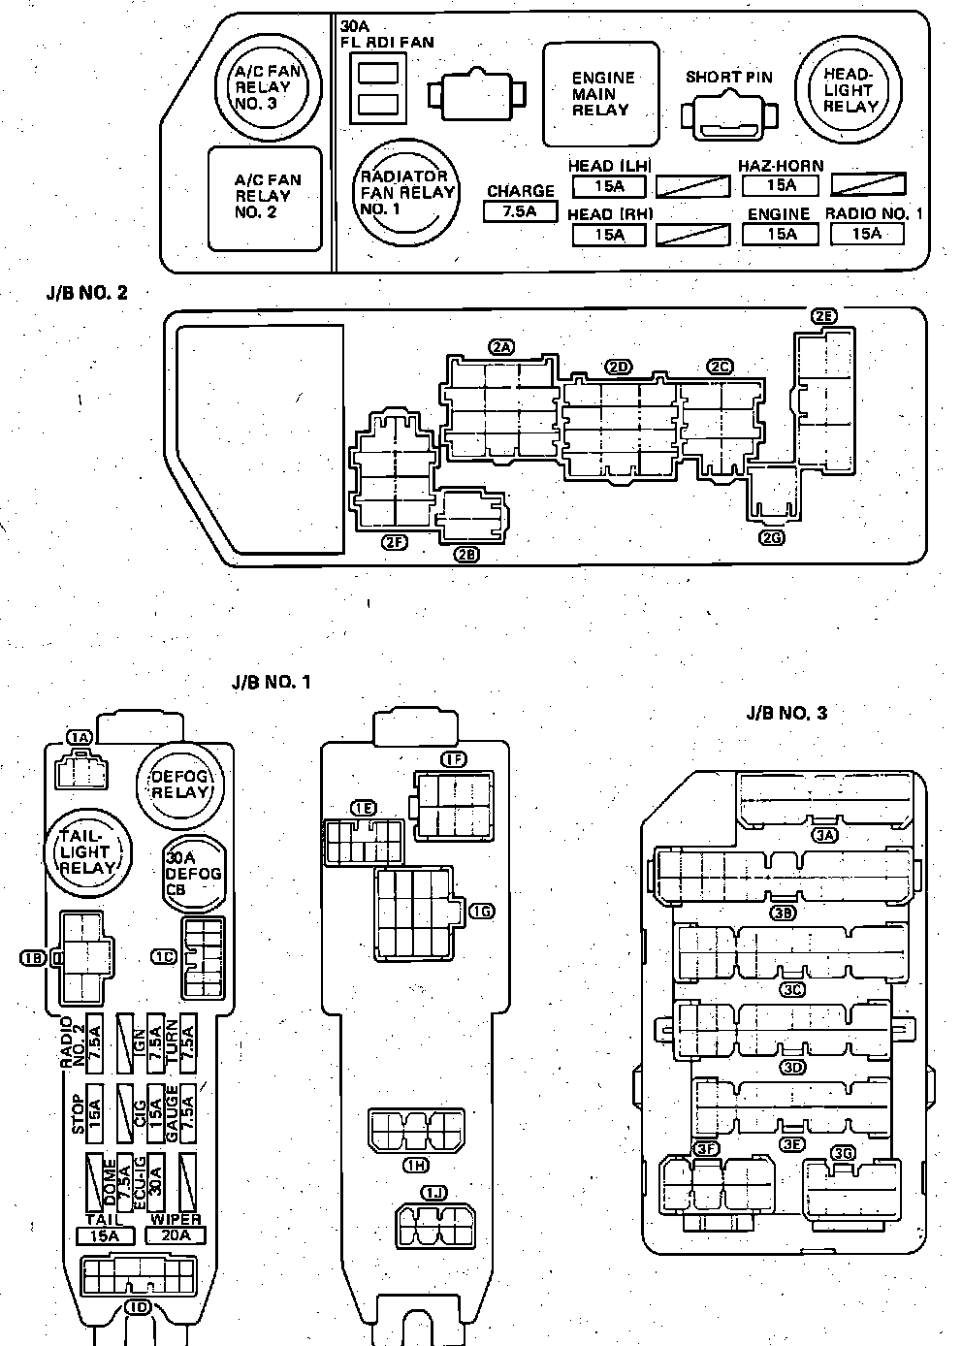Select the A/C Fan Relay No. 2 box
[267, 196]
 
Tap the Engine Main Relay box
[600, 93]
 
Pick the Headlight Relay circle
[849, 90]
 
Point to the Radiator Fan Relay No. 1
[405, 192]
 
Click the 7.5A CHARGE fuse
[520, 210]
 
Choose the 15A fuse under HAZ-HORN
[781, 184]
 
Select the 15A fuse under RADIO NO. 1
[866, 233]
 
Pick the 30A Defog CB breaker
[192, 873]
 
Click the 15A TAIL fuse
[105, 1235]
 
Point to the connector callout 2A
[501, 346]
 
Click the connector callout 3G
[842, 1153]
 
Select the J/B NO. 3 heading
[786, 713]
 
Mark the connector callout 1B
[32, 958]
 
